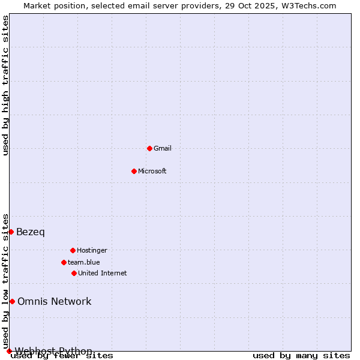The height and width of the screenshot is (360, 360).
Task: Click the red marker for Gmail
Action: (x=149, y=148)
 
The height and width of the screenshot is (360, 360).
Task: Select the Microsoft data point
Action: (x=134, y=171)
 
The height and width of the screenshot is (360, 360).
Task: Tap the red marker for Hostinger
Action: (x=73, y=250)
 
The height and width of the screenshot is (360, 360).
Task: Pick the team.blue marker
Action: (x=64, y=262)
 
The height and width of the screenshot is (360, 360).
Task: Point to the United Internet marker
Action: (x=74, y=273)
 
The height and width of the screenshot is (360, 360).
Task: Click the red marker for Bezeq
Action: (x=11, y=232)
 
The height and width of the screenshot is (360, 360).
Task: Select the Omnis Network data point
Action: (x=12, y=301)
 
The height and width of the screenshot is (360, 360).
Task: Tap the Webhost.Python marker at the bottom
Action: (x=9, y=351)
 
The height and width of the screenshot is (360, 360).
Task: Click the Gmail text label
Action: (x=163, y=148)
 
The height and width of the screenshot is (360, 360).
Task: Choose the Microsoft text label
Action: (x=152, y=171)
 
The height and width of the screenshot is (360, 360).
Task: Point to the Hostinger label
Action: (x=92, y=250)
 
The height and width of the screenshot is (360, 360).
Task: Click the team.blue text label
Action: (x=84, y=262)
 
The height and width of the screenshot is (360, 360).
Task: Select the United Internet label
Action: (x=103, y=273)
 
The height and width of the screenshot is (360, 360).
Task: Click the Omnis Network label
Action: (x=55, y=301)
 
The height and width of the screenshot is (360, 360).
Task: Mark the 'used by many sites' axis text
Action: (x=301, y=356)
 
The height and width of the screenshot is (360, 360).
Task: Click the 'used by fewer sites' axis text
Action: (x=62, y=356)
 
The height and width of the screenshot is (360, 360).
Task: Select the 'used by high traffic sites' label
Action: (x=6, y=85)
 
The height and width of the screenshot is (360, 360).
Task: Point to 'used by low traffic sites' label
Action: (x=6, y=281)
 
